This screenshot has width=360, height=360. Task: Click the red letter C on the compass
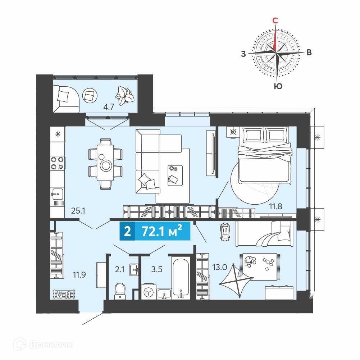coord(275,20)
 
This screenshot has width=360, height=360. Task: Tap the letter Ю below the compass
coord(278,86)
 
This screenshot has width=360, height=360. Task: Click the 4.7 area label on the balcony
coord(109,107)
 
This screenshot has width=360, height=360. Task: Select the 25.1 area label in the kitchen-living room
coord(78,210)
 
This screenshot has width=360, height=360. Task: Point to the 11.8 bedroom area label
coord(275,206)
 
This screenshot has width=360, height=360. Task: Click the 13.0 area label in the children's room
coord(219,267)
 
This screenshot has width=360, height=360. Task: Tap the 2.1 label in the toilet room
coord(120,269)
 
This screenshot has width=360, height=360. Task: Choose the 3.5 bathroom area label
coord(157,269)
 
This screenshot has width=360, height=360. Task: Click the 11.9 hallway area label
coord(79,275)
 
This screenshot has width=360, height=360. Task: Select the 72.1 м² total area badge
coord(155,231)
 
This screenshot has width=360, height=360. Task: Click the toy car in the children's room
coord(225,232)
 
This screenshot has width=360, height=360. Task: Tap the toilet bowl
coord(120,291)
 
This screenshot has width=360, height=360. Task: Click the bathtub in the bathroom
coord(181,278)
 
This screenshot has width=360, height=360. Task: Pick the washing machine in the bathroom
coord(149,292)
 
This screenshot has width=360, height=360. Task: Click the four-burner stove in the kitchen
coord(58,163)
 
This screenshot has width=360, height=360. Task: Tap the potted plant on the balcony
coord(124,95)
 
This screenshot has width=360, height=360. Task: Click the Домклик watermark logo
coord(43,345)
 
